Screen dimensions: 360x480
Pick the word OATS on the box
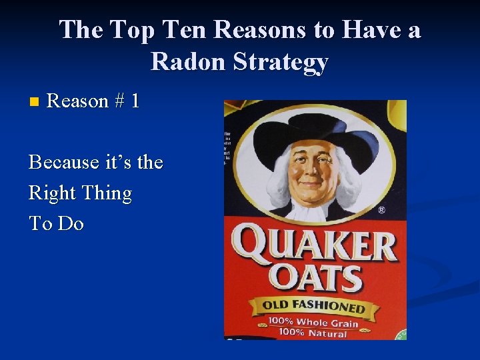[x=313, y=278]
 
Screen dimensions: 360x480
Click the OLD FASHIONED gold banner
[x=314, y=307]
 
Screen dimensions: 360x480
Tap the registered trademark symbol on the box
[x=381, y=211]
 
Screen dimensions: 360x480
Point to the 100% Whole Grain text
[x=313, y=323]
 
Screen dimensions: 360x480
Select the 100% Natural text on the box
[x=313, y=333]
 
